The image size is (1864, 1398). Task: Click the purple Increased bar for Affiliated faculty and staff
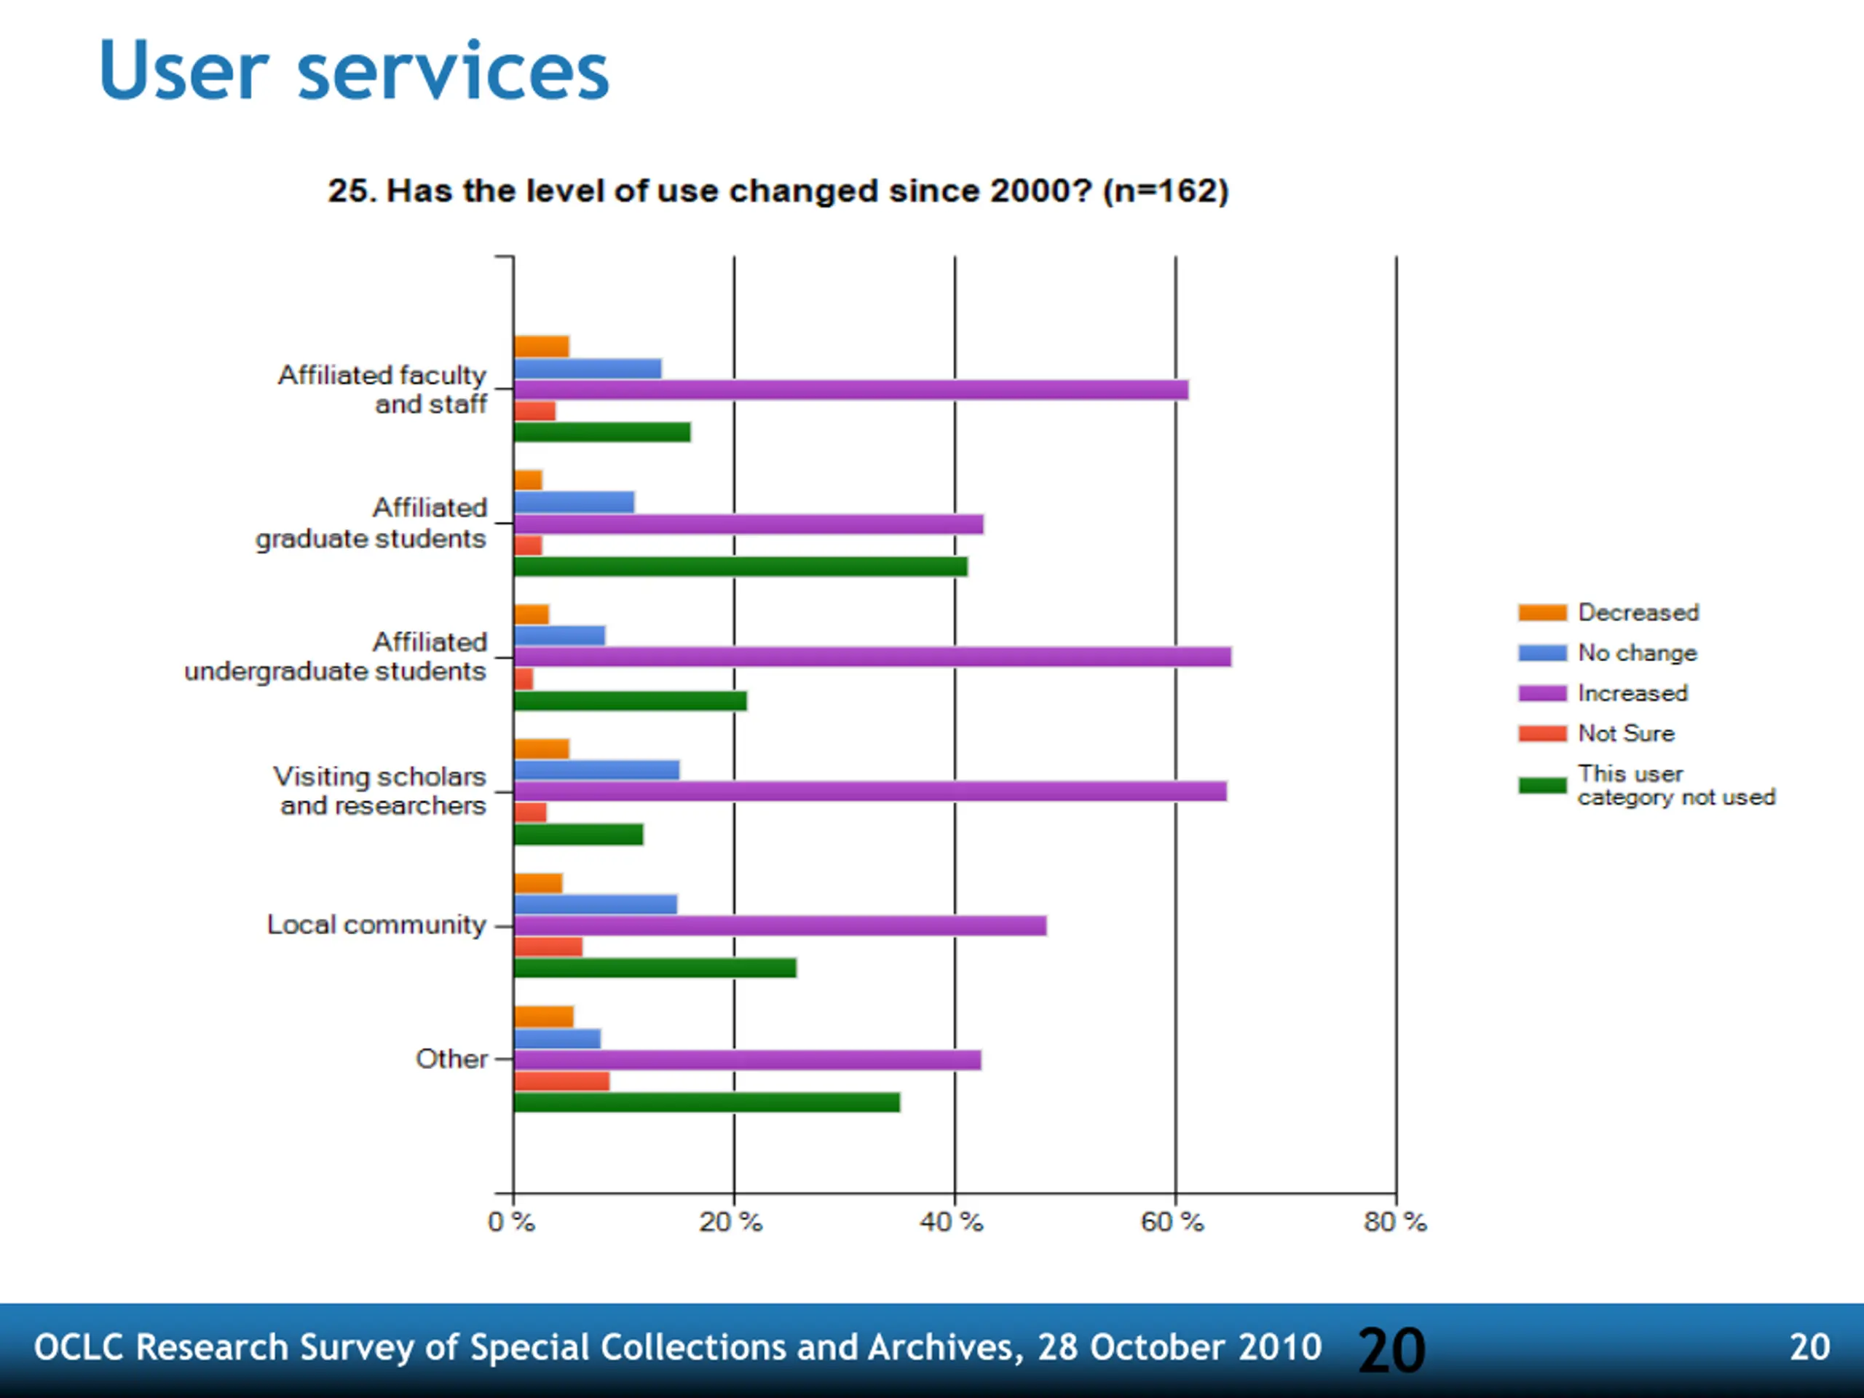click(851, 390)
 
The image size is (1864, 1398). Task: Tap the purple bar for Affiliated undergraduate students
click(872, 657)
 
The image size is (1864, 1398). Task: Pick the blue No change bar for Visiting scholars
click(596, 770)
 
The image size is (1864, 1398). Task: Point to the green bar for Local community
click(655, 968)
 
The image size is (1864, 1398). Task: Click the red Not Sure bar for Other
click(561, 1081)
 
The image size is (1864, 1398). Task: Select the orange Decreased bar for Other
click(543, 1016)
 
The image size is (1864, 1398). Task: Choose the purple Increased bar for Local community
click(781, 925)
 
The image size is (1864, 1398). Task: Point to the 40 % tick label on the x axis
click(952, 1221)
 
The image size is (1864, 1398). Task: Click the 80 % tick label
click(1394, 1221)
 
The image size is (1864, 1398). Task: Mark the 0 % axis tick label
click(511, 1221)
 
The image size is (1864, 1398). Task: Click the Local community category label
click(376, 925)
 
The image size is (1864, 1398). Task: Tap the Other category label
click(451, 1059)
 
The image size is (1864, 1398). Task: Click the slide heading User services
click(354, 71)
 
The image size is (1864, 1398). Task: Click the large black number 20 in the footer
click(1391, 1351)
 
